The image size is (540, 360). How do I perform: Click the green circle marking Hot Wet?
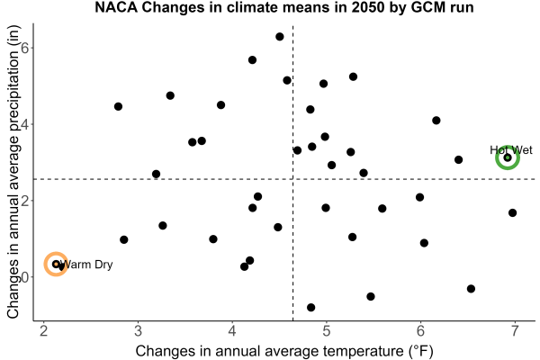click(x=508, y=146)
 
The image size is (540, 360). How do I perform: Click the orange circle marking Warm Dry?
click(x=56, y=253)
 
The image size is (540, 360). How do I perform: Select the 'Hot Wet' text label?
click(x=511, y=150)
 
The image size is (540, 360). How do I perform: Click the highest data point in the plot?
click(x=280, y=37)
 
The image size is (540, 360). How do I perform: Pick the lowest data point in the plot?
click(x=311, y=307)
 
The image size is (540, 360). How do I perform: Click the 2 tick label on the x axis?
click(x=44, y=331)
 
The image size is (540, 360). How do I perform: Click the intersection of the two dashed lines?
click(x=292, y=179)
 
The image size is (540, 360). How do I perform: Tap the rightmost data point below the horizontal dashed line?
click(x=512, y=213)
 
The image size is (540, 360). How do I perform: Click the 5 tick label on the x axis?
click(x=326, y=331)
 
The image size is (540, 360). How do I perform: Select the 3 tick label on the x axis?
click(x=138, y=331)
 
